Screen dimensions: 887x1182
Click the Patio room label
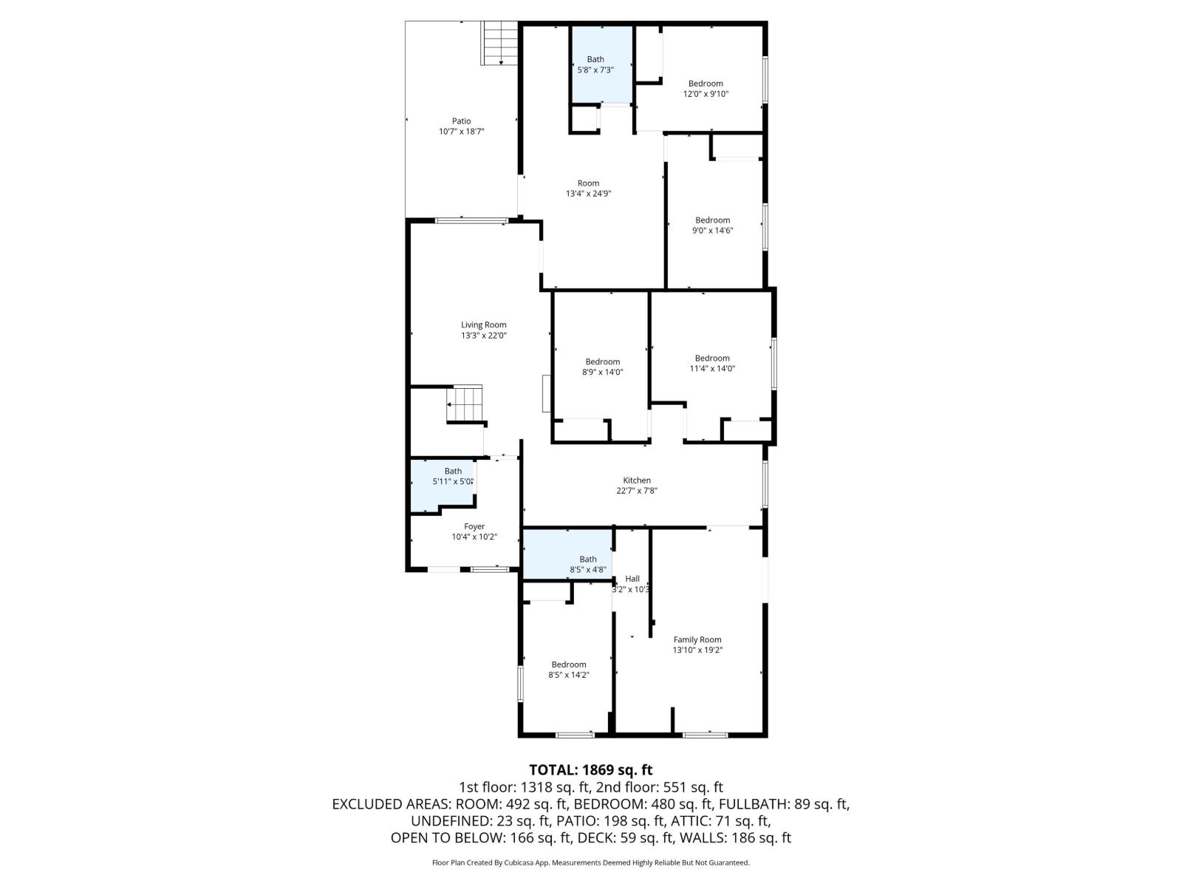point(461,126)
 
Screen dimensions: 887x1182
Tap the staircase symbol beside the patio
point(500,43)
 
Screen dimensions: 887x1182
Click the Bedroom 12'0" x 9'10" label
point(706,89)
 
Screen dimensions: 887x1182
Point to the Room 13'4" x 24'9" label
point(588,188)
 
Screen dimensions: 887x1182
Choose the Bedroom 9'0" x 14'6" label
point(712,225)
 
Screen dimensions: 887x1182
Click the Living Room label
point(484,330)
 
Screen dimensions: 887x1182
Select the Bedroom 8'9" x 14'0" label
point(602,367)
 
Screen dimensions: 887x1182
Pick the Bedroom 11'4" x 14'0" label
point(712,364)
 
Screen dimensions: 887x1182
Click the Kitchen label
point(637,486)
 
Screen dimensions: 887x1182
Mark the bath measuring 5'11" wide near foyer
point(452,477)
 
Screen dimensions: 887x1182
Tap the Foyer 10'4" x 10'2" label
point(474,532)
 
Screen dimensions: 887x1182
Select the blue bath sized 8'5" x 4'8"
point(587,565)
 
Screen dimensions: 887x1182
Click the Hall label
point(632,579)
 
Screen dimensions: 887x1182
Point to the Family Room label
point(697,645)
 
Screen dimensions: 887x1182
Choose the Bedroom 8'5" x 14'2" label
point(568,670)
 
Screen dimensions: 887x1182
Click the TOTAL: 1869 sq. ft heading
point(590,770)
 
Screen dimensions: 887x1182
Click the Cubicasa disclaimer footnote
point(590,863)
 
